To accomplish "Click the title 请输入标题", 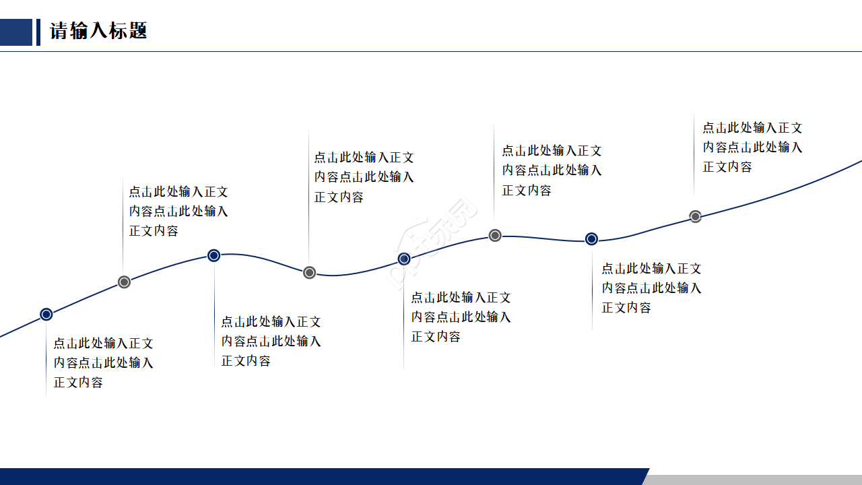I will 98,31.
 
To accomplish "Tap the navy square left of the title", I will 15,32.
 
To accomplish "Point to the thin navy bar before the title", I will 38,32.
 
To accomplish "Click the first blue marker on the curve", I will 46,314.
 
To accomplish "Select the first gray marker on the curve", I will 124,282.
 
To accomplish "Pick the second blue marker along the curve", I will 213,255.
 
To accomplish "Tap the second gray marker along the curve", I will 309,272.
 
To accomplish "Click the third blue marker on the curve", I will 404,259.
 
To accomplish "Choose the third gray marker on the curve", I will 495,235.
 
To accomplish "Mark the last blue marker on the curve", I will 591,238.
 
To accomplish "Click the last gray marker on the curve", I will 696,216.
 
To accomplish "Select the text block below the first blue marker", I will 104,362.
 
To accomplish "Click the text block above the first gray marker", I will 178,211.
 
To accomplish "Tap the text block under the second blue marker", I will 271,341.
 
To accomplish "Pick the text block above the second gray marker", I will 364,176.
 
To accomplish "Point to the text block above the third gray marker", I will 552,170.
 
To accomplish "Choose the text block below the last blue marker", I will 651,288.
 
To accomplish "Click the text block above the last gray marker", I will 752,147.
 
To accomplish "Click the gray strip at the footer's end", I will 754,480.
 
